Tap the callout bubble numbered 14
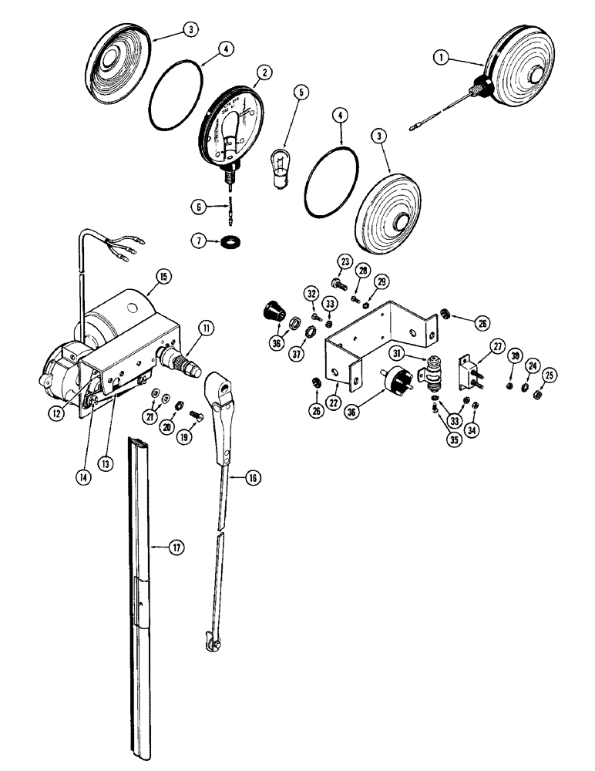click(x=82, y=476)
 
